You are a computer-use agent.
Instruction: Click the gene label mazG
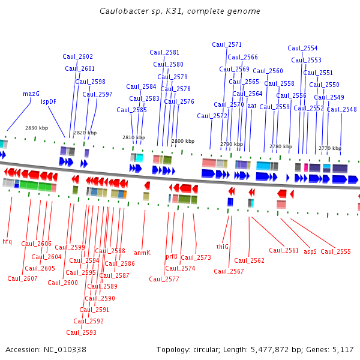31,94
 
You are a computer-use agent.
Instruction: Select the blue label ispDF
49,102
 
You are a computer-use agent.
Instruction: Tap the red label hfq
7,241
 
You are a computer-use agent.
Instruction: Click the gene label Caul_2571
227,45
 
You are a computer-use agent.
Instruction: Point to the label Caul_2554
302,49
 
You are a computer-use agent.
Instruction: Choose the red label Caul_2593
81,332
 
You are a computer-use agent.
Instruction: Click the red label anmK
142,253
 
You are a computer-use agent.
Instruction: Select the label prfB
172,256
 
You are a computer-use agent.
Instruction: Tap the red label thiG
223,247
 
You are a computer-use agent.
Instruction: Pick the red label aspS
310,251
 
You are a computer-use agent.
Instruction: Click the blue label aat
251,106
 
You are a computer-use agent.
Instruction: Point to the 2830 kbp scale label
37,128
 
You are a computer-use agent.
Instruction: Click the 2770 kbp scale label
329,148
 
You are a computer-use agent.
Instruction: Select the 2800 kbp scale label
183,141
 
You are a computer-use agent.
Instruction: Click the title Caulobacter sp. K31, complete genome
180,11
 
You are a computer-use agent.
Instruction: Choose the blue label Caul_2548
341,109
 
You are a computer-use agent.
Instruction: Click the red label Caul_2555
335,251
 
